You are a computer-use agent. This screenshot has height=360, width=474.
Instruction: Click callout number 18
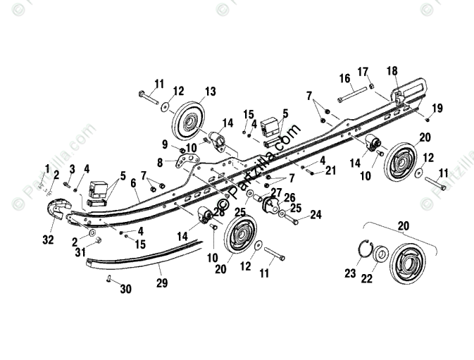pos(392,70)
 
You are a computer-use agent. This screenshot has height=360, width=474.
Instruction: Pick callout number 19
pos(437,108)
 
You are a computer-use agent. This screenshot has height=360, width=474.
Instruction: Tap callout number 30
pos(125,288)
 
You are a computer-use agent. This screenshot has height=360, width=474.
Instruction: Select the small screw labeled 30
pos(109,280)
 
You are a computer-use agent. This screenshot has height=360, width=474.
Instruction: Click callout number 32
pos(47,240)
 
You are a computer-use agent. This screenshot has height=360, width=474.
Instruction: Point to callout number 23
pos(350,274)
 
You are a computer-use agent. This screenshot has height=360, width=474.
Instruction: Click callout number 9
pos(166,144)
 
